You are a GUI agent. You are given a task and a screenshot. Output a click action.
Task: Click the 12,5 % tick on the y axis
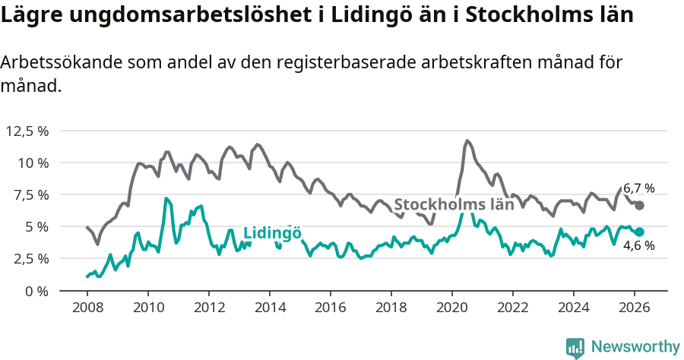point(27,131)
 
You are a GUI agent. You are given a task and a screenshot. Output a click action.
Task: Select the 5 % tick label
point(37,226)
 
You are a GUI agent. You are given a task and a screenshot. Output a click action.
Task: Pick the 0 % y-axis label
point(37,290)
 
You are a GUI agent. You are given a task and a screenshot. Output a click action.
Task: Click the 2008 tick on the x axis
point(87,308)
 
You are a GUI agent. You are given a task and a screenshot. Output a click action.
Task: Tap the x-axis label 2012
point(209,308)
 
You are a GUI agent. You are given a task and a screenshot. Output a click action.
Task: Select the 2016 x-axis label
point(331,308)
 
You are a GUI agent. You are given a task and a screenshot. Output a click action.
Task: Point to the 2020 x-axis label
point(452,308)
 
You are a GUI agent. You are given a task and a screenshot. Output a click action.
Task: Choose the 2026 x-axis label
point(635,308)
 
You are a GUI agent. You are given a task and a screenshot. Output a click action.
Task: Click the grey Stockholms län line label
point(454,204)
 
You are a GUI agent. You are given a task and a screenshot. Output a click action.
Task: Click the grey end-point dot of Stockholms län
point(640,205)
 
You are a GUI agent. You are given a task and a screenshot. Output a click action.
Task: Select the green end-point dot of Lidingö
point(640,232)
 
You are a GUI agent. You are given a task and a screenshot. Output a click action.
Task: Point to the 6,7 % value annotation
point(638,188)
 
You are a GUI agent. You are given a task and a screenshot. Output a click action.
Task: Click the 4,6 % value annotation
point(638,246)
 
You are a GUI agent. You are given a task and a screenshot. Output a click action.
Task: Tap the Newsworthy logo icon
point(575,347)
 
